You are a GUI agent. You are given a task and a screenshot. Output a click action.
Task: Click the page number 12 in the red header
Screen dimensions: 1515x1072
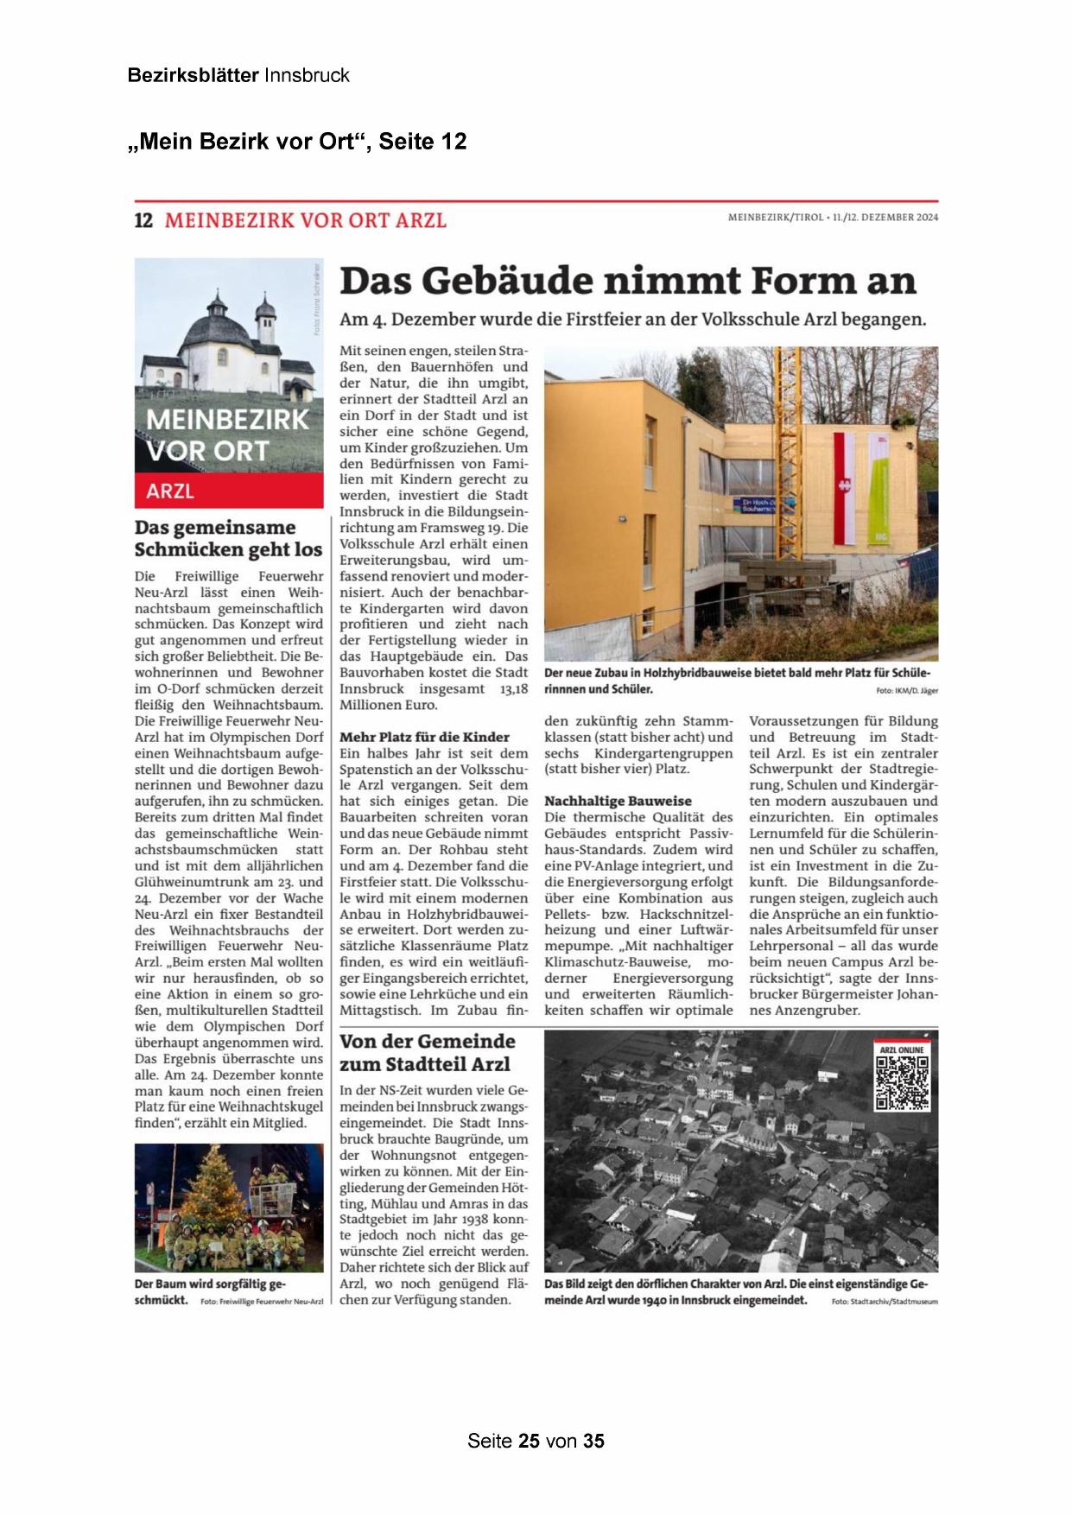[143, 220]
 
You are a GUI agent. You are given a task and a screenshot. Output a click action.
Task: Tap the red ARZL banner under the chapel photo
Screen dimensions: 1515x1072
[229, 491]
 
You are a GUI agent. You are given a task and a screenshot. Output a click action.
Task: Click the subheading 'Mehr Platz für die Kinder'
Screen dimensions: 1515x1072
[424, 737]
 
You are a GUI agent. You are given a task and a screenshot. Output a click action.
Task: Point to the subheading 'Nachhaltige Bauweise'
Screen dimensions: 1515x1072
[618, 801]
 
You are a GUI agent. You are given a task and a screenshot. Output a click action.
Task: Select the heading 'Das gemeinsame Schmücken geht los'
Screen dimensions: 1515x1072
[228, 538]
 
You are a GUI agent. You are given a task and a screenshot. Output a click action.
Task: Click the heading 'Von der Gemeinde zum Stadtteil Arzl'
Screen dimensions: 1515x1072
[427, 1052]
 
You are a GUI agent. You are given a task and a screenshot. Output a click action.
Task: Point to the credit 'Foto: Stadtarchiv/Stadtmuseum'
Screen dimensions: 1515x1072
[884, 1301]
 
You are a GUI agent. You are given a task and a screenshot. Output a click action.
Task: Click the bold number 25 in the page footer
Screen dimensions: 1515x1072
[529, 1441]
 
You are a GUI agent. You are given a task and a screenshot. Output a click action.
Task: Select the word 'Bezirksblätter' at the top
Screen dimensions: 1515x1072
[193, 75]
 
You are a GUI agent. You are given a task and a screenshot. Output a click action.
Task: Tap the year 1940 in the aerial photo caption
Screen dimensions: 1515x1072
[655, 1300]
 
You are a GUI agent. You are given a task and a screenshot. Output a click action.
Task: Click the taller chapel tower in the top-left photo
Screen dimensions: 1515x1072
[218, 307]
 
